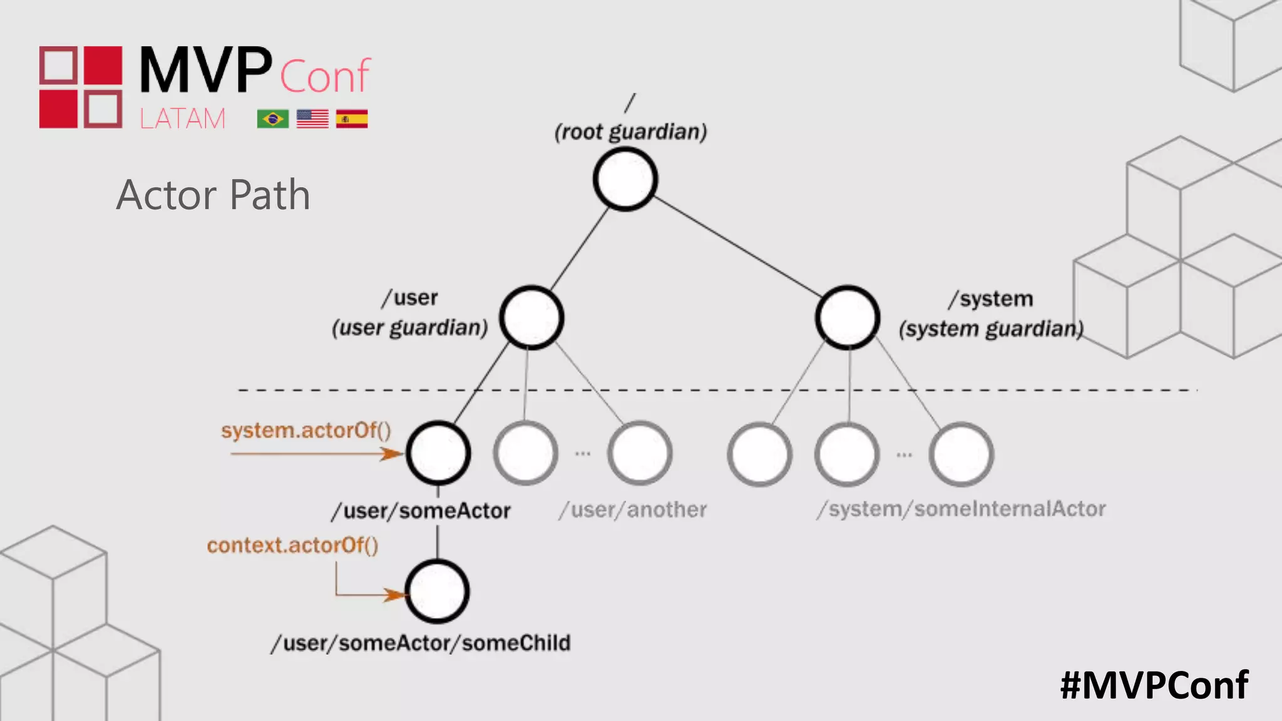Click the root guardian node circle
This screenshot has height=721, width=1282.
click(625, 180)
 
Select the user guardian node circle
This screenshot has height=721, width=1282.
click(531, 317)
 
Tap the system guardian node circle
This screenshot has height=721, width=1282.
click(848, 317)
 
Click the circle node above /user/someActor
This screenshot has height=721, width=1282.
click(438, 453)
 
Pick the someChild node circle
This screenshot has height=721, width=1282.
click(438, 591)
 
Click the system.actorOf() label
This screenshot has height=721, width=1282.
click(306, 431)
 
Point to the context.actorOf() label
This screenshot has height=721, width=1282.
click(293, 545)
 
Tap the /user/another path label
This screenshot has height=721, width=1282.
click(633, 510)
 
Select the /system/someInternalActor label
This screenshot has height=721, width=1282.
click(961, 509)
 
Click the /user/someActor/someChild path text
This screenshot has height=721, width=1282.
click(421, 643)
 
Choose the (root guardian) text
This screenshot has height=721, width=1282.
click(630, 132)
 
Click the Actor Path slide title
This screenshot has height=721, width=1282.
click(213, 195)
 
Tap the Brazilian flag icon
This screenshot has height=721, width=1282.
click(273, 118)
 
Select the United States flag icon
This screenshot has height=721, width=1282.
click(312, 118)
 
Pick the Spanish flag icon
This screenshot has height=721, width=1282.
click(352, 118)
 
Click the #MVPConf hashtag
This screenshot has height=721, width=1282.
click(1154, 685)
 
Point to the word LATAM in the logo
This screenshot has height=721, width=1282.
click(182, 118)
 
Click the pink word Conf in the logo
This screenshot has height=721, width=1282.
click(325, 76)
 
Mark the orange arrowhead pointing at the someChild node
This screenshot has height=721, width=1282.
click(395, 595)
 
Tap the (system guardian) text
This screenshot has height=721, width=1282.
click(991, 329)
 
